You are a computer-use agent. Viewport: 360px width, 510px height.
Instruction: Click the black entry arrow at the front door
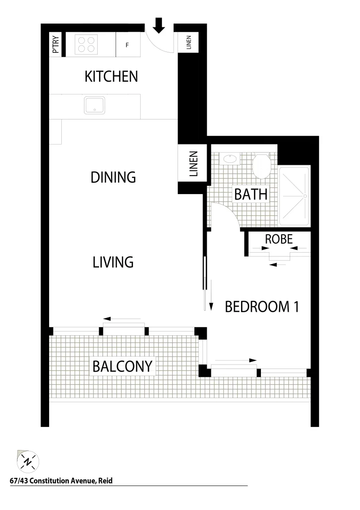pos(159,25)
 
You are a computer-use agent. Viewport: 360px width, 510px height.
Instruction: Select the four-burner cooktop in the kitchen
pos(86,44)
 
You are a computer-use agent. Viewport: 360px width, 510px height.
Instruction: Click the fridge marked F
pos(127,45)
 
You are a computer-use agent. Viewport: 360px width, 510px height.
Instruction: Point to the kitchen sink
pos(95,105)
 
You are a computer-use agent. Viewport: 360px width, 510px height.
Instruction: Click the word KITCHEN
pos(111,76)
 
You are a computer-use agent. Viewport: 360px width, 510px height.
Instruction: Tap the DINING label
pos(113,178)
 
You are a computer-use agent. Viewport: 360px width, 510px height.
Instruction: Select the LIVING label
pos(113,262)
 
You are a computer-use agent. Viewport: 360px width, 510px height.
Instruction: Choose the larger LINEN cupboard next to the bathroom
pos(193,164)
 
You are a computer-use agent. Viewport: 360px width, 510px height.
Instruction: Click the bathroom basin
pos(231,159)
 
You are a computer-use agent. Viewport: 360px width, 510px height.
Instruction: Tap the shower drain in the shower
pos(305,195)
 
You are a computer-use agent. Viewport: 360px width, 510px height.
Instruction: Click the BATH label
pos(251,194)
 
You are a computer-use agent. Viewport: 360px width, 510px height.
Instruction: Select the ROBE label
pos(279,239)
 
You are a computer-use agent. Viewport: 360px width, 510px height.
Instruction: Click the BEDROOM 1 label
pos(262,307)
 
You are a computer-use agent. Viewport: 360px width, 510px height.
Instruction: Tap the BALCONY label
pos(122,366)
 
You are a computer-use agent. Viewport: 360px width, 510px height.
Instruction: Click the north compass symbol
pos(28,461)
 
